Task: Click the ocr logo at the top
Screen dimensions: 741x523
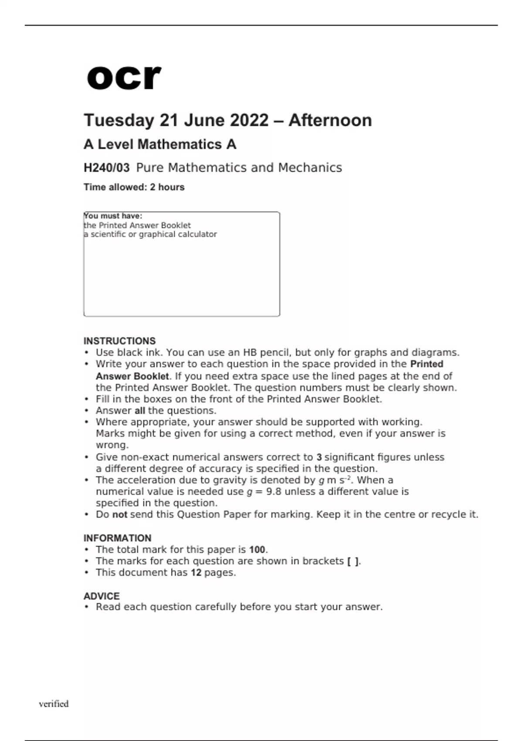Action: (x=124, y=77)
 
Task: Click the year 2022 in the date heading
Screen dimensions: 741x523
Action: (x=249, y=120)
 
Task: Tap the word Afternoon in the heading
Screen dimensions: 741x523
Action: (x=330, y=120)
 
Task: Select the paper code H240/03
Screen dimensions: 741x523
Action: (x=106, y=168)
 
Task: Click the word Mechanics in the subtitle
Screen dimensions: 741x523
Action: (x=310, y=168)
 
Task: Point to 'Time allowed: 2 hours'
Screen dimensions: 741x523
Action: (x=134, y=187)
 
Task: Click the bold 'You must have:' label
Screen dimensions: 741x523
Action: (x=113, y=216)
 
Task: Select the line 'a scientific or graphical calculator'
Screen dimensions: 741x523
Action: (x=150, y=235)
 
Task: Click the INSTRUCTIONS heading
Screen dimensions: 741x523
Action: (x=119, y=341)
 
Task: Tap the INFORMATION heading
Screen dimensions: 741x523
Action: (x=117, y=538)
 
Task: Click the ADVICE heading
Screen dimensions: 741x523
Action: (x=102, y=596)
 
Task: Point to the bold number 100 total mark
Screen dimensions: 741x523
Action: (x=257, y=550)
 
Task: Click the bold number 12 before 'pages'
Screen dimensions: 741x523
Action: (x=196, y=573)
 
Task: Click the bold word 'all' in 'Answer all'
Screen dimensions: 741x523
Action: (x=139, y=411)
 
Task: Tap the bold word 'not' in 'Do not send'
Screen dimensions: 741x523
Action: (x=119, y=515)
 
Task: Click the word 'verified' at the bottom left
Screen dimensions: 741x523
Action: (x=54, y=704)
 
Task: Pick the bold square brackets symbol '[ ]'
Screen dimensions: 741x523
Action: (x=353, y=561)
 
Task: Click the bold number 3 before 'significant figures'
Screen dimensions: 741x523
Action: (x=319, y=457)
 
